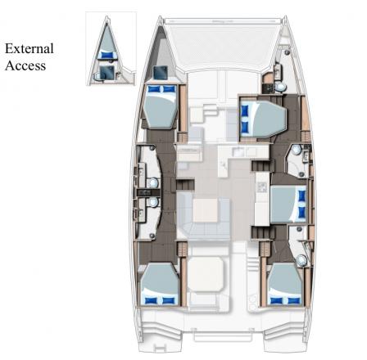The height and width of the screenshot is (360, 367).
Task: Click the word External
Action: (x=29, y=49)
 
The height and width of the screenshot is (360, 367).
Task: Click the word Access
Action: (x=24, y=65)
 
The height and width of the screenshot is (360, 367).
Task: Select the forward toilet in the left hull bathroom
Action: (x=153, y=182)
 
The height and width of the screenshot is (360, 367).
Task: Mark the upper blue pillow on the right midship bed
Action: (x=301, y=195)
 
